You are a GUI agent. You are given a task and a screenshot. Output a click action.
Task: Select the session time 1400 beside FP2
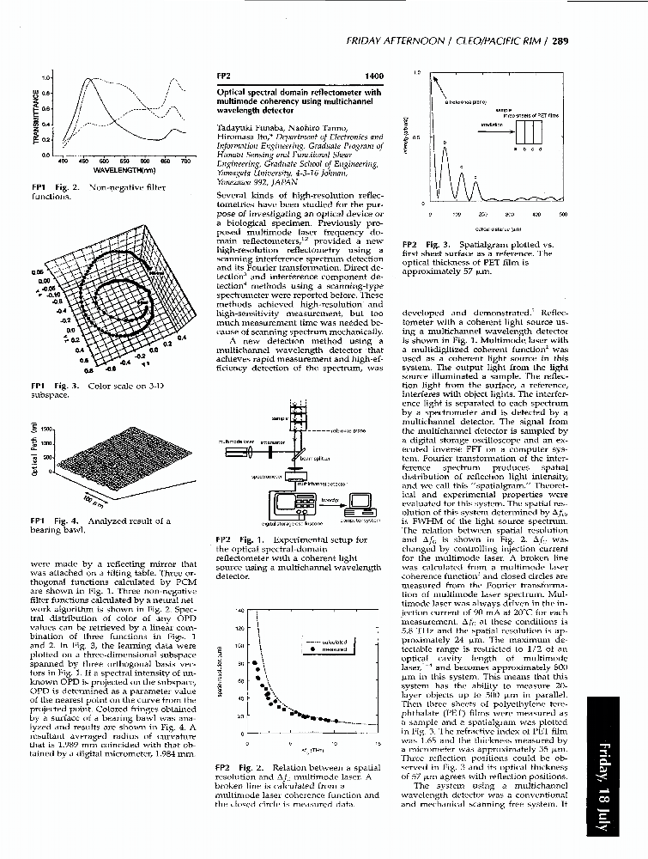374,76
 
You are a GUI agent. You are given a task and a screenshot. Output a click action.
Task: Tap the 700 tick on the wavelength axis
184,161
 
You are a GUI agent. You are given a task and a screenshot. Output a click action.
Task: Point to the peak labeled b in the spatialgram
445,143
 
